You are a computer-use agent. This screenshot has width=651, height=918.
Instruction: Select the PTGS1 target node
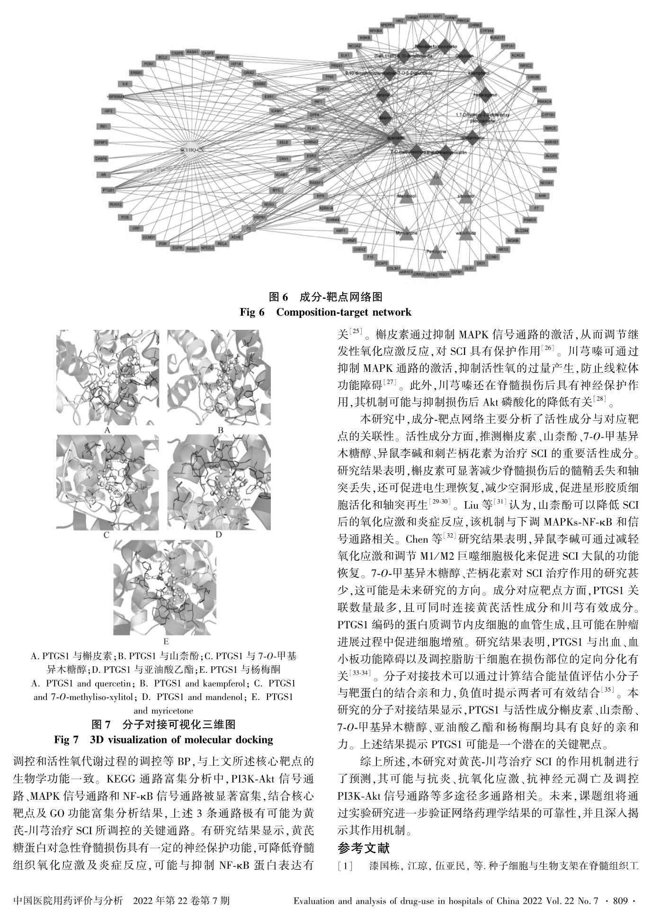108,190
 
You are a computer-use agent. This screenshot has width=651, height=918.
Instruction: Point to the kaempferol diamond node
479,74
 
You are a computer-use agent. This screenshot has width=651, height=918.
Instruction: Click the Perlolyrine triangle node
436,250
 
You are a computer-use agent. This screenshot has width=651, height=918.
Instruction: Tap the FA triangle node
436,178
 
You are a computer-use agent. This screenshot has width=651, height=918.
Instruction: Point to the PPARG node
281,126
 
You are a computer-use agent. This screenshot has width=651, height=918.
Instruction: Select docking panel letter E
166,642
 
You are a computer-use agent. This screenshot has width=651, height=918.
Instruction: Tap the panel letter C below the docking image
107,535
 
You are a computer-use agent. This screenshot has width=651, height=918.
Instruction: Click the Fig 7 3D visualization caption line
163,739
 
